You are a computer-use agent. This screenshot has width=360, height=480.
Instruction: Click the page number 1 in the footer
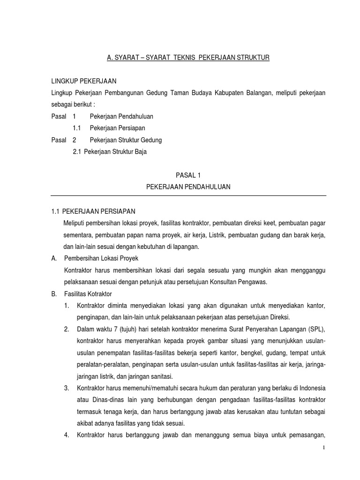(x=323, y=448)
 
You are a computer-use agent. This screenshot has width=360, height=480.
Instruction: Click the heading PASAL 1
(x=188, y=175)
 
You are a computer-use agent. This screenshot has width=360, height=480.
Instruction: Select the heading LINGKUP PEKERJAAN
(x=84, y=81)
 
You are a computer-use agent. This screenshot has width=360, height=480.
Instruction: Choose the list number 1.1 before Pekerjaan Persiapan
(x=77, y=128)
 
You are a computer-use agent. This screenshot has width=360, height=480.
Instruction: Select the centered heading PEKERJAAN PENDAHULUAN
(x=188, y=187)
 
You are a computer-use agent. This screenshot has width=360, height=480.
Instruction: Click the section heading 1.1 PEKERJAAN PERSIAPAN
(x=93, y=211)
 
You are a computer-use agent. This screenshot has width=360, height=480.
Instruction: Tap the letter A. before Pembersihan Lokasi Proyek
(x=54, y=258)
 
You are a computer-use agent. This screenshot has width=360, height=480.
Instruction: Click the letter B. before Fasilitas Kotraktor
(x=54, y=294)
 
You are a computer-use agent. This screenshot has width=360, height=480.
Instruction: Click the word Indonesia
(x=310, y=388)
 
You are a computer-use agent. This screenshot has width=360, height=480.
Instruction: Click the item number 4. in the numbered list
(x=67, y=435)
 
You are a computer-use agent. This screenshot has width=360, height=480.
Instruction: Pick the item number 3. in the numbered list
(x=67, y=388)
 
